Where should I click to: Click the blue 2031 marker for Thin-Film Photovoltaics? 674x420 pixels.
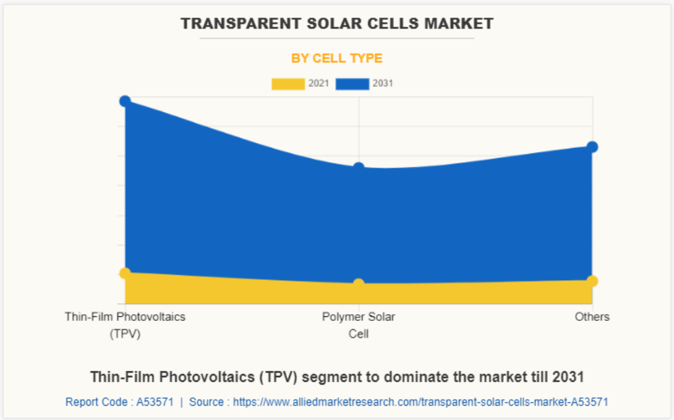[x=125, y=101]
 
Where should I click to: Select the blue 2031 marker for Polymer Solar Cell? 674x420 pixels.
[x=359, y=168]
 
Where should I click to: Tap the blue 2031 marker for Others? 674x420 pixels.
[x=592, y=147]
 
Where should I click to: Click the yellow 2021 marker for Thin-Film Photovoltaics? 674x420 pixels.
[x=125, y=273]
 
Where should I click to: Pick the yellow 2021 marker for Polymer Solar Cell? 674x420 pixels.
[x=359, y=284]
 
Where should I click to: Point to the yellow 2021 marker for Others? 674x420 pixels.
[x=592, y=280]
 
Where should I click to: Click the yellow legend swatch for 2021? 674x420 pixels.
[x=288, y=84]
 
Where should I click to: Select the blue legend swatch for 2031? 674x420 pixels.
[x=353, y=84]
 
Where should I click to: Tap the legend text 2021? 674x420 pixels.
[x=319, y=84]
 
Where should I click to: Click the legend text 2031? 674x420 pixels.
[x=383, y=84]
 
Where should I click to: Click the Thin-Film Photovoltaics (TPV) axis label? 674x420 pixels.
[x=125, y=325]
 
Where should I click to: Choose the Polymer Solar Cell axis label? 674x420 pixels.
[x=359, y=325]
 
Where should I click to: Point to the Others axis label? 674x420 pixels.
[x=592, y=317]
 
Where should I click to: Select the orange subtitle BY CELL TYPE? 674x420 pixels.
[x=337, y=58]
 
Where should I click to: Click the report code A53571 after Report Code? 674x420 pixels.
[x=155, y=402]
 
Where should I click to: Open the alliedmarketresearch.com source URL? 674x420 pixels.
[x=420, y=402]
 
